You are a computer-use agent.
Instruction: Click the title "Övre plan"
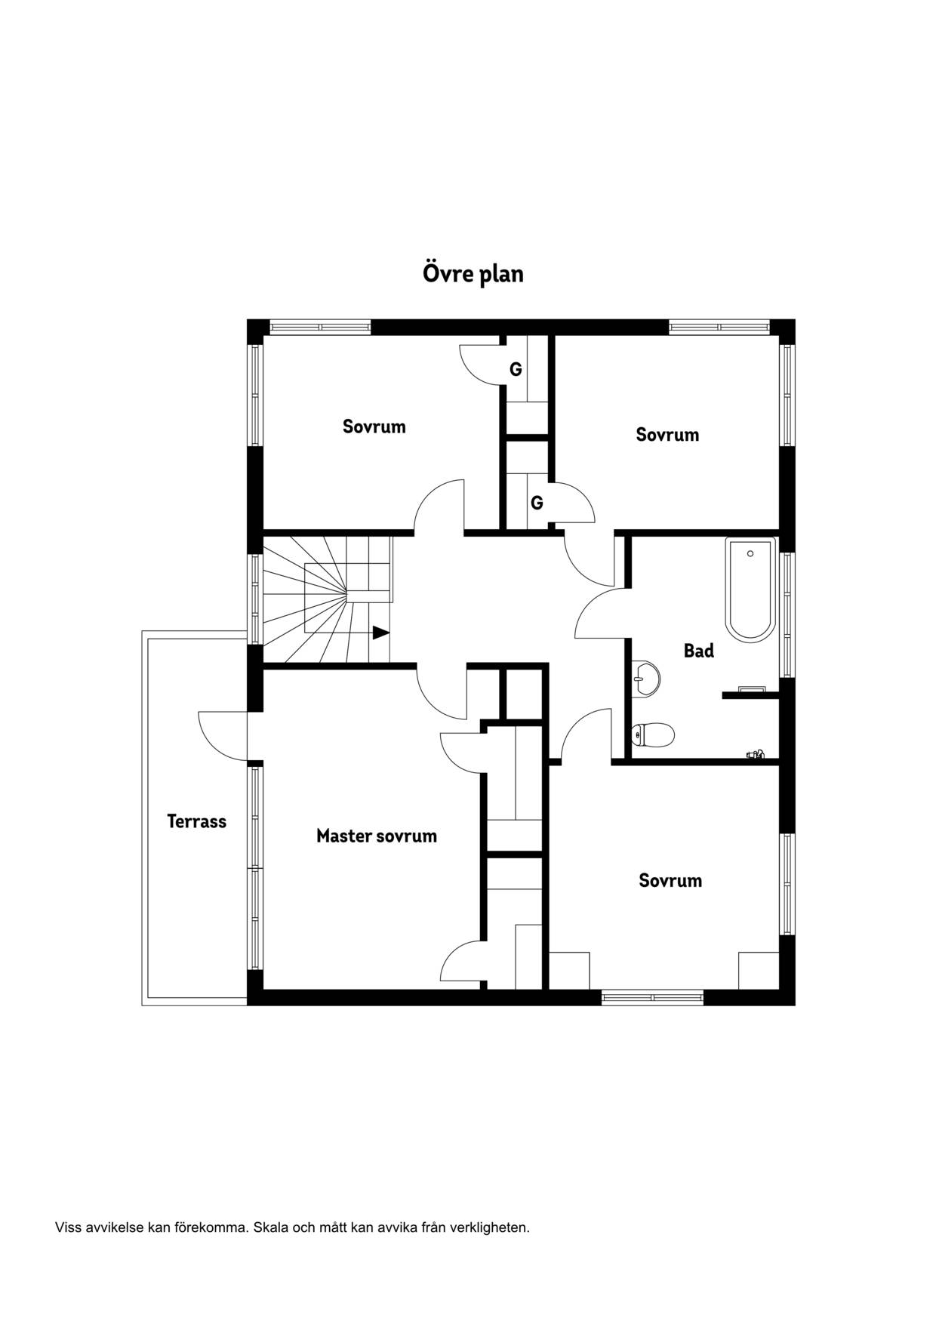point(473,273)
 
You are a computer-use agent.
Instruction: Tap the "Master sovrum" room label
point(377,836)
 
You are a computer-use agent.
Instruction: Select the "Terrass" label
point(197,821)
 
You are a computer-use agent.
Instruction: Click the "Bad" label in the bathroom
point(699,651)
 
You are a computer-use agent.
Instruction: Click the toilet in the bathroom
point(653,734)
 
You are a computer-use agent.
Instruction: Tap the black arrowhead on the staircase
point(381,633)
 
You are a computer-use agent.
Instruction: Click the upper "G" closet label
point(516,370)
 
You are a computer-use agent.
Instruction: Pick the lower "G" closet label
point(537,503)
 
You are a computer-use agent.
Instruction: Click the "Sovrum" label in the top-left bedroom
point(374,426)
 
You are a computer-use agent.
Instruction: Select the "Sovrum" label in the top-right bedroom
point(667,435)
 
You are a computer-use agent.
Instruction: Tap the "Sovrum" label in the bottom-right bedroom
point(670,880)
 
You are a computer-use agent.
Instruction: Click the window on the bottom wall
point(652,997)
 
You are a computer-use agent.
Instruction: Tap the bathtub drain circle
point(750,553)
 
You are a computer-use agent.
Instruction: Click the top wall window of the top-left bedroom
point(321,328)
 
